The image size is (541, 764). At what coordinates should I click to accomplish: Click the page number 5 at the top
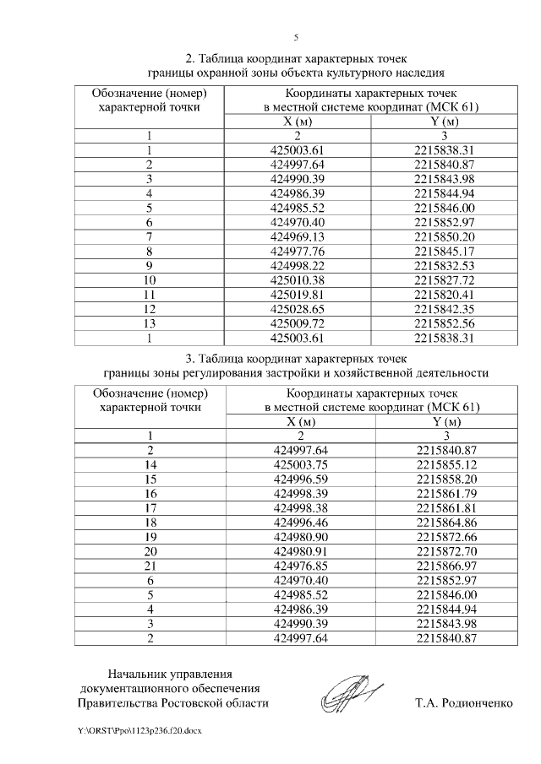296,38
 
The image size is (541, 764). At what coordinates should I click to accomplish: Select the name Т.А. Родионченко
464,702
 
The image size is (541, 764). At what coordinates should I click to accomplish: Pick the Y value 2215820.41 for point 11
445,295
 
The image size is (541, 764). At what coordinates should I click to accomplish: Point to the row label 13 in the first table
150,323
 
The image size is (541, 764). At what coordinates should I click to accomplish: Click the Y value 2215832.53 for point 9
445,266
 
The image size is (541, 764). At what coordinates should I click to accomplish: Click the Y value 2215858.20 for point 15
447,479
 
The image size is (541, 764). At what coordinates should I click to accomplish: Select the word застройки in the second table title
318,371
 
